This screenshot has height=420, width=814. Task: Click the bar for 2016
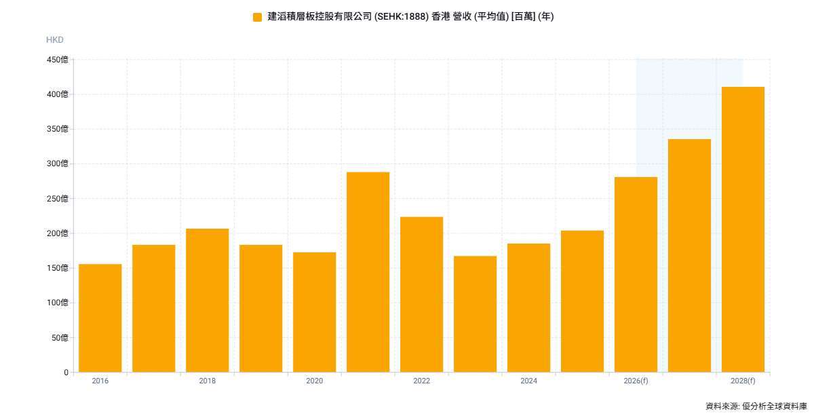(100, 318)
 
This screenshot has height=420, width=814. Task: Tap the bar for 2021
(368, 271)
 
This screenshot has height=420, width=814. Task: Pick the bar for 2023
(475, 313)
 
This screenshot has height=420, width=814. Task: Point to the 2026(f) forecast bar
(636, 274)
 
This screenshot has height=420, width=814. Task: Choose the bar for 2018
(207, 300)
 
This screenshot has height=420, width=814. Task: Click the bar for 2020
(314, 312)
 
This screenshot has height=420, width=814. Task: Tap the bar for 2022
(421, 294)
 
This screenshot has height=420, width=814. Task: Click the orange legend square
(257, 17)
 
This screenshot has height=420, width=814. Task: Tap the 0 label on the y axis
(66, 373)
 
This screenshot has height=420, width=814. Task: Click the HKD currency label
(55, 40)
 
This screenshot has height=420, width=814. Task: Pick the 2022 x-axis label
(421, 381)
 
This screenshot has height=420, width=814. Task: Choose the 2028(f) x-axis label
(743, 381)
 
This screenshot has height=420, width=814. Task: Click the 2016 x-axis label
(100, 381)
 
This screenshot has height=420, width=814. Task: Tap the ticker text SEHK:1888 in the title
(400, 17)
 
